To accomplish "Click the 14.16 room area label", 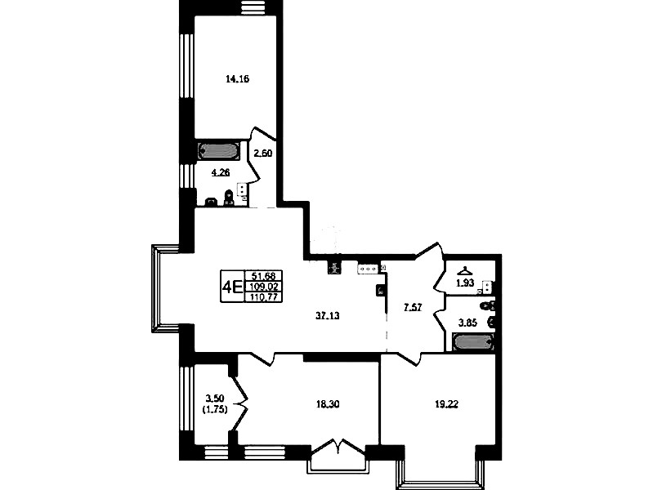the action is point(237,79).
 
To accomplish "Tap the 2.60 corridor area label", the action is point(263,154).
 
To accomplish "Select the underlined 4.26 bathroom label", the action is point(221,171).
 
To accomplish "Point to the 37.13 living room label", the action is point(328,316).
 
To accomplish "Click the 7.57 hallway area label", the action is point(413,308).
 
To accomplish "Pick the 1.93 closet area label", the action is point(465,283).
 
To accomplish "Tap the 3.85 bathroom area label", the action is point(467,323).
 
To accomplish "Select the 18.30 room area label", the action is point(328,403).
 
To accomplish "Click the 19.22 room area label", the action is point(446,403).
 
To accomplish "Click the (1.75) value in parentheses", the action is point(214,410).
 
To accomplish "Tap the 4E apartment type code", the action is point(232,287).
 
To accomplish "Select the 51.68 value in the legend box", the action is point(264,275).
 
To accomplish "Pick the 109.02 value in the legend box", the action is point(264,287).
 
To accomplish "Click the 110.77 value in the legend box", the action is point(264,296).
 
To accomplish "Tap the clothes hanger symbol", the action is point(464,271).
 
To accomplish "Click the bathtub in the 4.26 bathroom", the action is point(218,152).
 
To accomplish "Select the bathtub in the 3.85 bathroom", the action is point(474,342).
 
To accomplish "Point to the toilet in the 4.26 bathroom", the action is point(228,198).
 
